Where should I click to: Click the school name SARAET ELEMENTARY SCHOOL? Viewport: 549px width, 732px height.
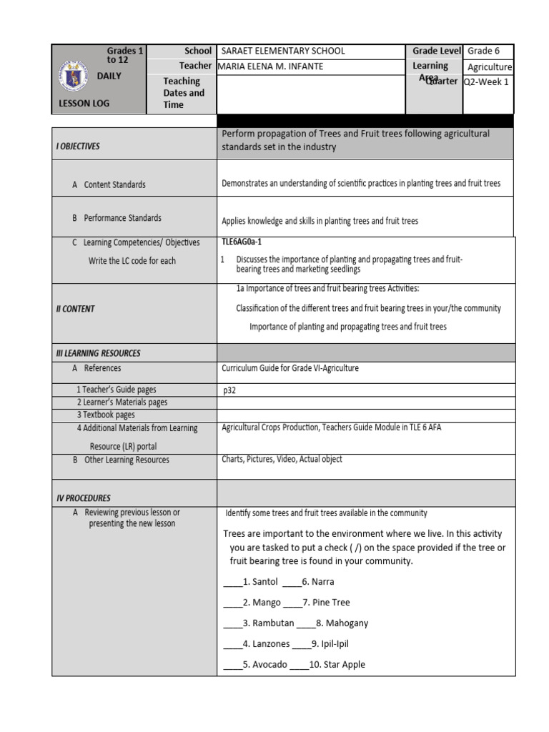tap(283, 51)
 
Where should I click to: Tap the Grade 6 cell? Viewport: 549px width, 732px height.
tap(483, 51)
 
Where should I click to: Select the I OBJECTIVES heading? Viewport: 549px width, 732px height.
tap(78, 146)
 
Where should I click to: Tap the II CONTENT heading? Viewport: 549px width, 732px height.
tap(75, 309)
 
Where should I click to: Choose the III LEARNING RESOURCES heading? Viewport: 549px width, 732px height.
tap(98, 353)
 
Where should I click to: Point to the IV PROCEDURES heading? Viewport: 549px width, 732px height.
tap(83, 498)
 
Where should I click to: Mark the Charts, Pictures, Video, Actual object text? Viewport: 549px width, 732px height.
tap(282, 459)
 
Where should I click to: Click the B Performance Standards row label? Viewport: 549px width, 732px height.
tap(117, 217)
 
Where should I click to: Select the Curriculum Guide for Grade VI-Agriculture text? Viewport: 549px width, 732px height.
tap(290, 368)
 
